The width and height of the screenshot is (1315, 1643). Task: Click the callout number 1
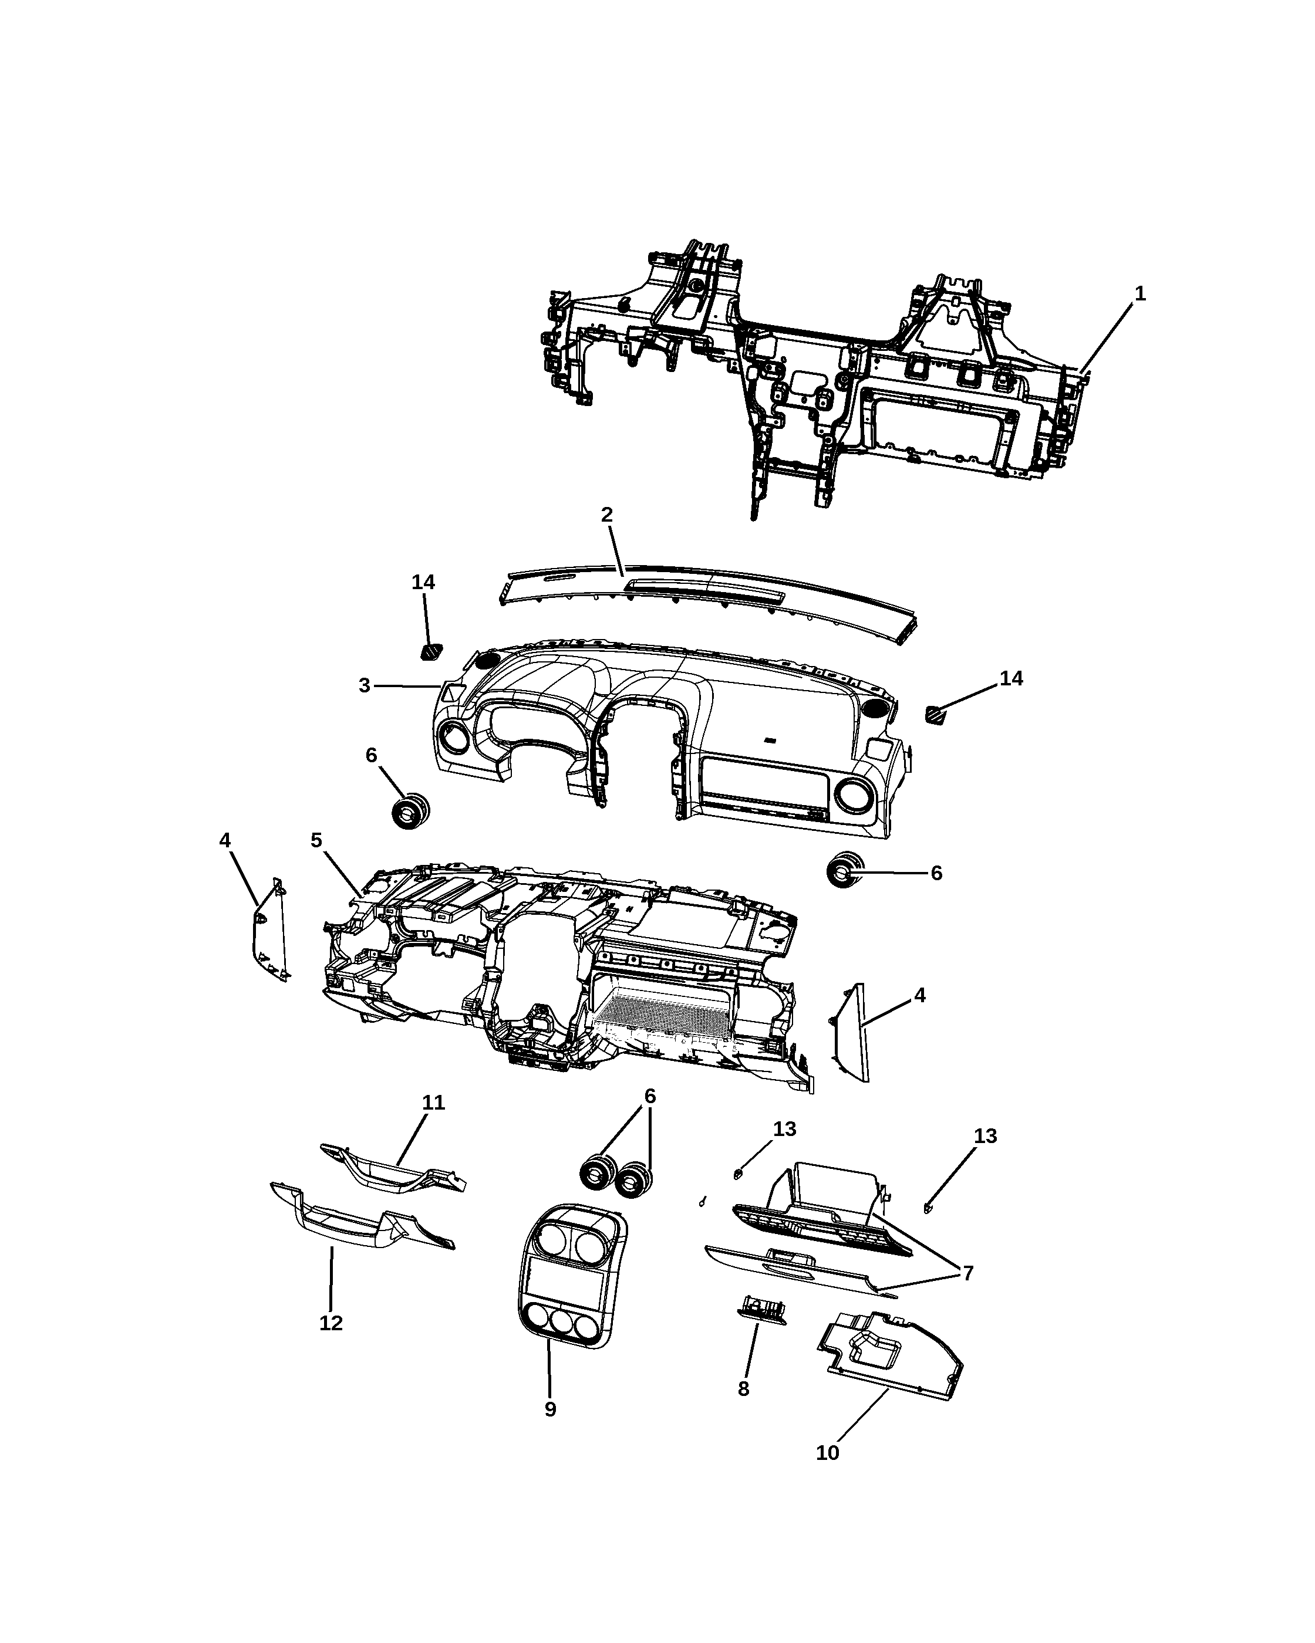(x=1139, y=294)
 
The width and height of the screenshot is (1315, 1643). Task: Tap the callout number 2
(x=607, y=515)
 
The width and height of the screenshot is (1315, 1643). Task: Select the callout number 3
(x=365, y=686)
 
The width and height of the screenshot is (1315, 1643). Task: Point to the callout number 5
(x=316, y=840)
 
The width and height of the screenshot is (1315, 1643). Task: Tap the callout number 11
(x=434, y=1103)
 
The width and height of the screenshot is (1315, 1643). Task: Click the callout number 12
(x=331, y=1324)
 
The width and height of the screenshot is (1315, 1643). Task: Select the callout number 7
(x=968, y=1273)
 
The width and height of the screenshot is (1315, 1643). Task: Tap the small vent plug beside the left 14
(x=431, y=651)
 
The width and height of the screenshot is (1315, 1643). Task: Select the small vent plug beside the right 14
(x=935, y=715)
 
